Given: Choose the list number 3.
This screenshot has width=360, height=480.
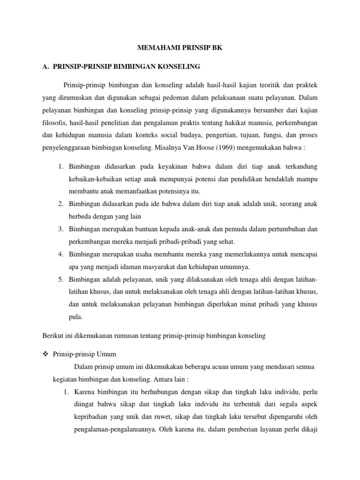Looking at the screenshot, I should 61,229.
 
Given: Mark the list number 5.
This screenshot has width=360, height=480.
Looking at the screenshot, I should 61,279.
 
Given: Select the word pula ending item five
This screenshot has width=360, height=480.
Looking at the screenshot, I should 75,317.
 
